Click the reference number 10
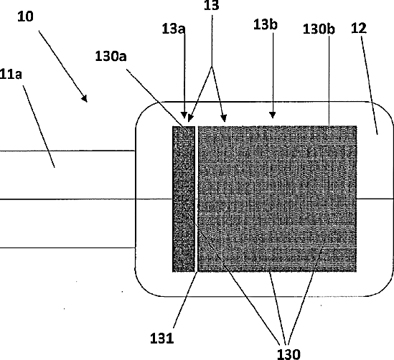point(25,16)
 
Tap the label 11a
point(11,75)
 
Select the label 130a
point(111,56)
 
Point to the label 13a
point(174,29)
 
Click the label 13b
point(266,24)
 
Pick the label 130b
point(319,29)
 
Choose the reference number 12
point(359,28)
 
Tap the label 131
point(162,338)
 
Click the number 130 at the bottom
point(289,354)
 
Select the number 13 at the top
point(211,6)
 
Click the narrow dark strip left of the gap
point(184,199)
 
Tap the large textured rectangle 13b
point(277,199)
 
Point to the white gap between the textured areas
point(196,199)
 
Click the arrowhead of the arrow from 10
point(85,99)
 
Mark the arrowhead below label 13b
point(273,115)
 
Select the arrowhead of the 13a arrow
point(184,115)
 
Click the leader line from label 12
point(370,85)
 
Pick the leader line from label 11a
point(39,126)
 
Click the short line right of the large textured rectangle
point(375,199)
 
